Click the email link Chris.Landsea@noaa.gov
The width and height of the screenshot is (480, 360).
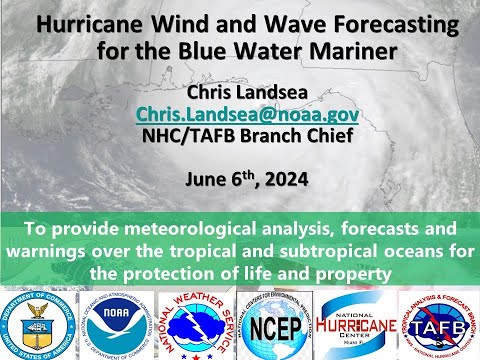tap(240, 116)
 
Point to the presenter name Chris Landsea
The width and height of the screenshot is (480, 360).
tap(240, 93)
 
